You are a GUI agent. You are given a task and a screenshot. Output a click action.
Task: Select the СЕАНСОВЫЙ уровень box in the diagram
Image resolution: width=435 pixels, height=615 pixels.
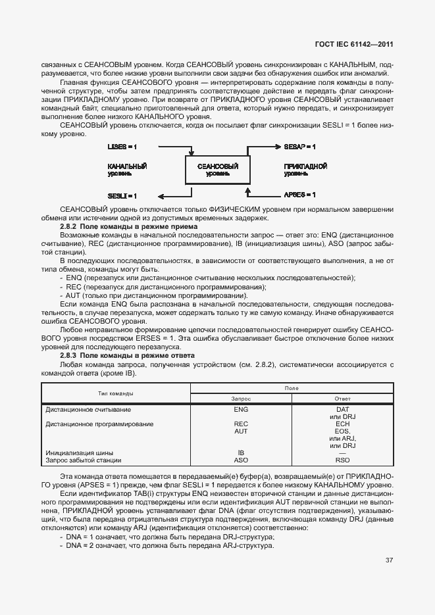[217, 170]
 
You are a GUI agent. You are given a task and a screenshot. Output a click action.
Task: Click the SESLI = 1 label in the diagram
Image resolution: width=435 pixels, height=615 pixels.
[122, 195]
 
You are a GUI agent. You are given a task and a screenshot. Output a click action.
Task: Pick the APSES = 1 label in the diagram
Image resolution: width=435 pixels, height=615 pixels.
[299, 195]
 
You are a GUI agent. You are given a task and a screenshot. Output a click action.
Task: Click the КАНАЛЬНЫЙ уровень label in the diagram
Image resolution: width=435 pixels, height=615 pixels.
[127, 170]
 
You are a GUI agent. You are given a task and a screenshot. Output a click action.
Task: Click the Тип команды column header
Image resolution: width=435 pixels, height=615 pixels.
[116, 393]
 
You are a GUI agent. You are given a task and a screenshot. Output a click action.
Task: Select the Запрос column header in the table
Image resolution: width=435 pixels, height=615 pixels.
[241, 399]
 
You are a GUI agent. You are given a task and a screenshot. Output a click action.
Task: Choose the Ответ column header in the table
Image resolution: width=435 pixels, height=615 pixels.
[342, 399]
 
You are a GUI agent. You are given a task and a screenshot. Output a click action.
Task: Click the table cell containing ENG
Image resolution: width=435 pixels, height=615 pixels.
[241, 409]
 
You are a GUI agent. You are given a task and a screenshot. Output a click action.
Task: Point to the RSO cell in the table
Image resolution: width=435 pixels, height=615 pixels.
[342, 460]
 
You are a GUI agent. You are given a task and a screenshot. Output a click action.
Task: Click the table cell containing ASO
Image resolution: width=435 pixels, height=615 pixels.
[241, 460]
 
